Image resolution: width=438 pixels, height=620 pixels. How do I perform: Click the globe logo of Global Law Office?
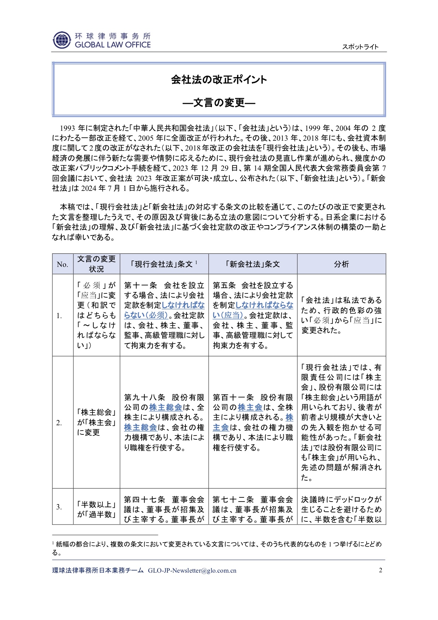(x=62, y=40)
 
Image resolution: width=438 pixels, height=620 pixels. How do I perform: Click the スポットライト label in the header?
(x=360, y=47)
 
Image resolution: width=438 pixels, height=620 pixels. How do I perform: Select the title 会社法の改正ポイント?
(x=219, y=80)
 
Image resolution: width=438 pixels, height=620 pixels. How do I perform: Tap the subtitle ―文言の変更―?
(x=219, y=103)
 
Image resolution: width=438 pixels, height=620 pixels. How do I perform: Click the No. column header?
(x=63, y=264)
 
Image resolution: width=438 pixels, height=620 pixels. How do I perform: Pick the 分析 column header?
(x=341, y=264)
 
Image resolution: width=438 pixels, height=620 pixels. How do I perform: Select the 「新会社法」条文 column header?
(x=253, y=264)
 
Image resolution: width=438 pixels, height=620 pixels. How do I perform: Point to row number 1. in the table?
(x=59, y=315)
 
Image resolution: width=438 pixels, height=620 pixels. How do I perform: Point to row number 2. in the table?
(x=59, y=422)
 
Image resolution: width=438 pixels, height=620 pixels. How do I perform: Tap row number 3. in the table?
(x=59, y=507)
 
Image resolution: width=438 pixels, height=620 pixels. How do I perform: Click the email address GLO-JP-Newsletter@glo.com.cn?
(x=192, y=571)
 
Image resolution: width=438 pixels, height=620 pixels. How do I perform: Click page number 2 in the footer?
(x=380, y=570)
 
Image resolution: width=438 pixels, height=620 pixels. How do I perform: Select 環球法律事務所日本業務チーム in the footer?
(x=98, y=571)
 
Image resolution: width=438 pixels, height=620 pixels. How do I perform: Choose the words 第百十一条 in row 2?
(x=233, y=398)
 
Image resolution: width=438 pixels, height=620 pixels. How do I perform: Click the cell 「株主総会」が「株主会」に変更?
(x=96, y=422)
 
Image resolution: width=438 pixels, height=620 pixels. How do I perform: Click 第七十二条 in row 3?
(x=233, y=499)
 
